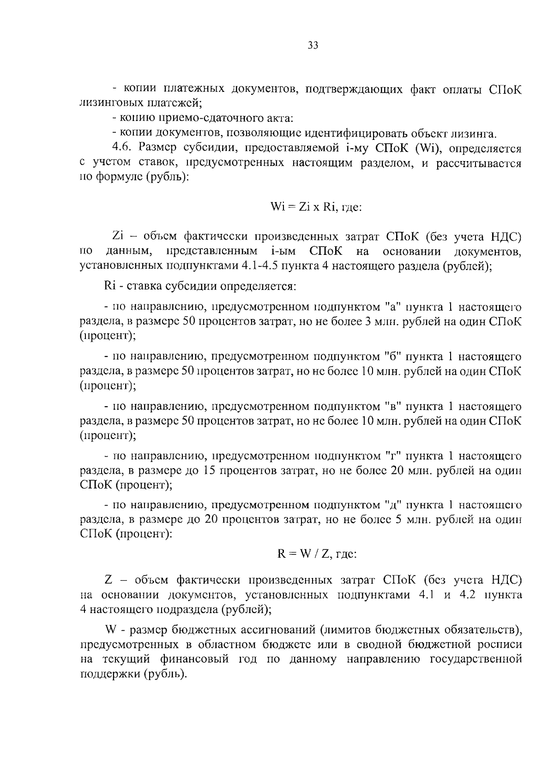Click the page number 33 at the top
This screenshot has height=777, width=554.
(x=313, y=45)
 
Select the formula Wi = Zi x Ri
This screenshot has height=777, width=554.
(x=316, y=207)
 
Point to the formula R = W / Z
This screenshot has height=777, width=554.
(x=317, y=554)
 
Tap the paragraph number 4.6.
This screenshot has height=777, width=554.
(x=122, y=149)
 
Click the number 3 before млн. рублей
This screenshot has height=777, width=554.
(x=368, y=322)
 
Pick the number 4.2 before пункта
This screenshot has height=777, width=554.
(x=468, y=595)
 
